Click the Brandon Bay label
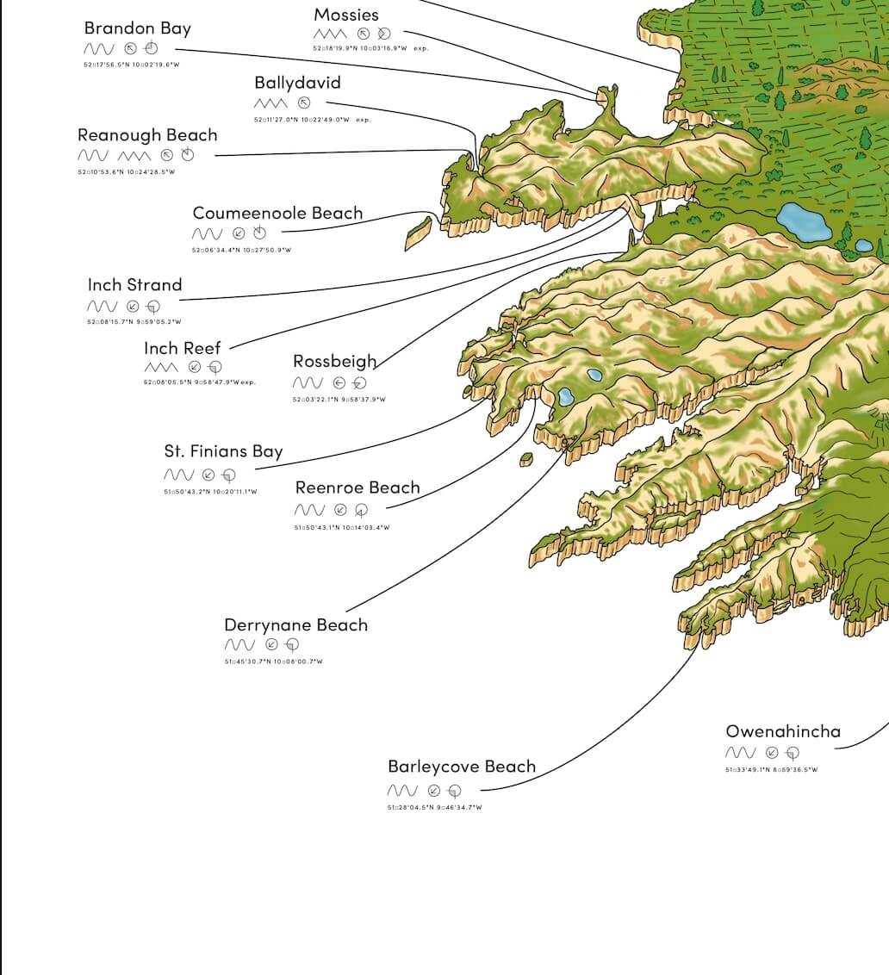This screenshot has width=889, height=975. pyautogui.click(x=138, y=28)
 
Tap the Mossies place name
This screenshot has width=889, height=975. pyautogui.click(x=346, y=15)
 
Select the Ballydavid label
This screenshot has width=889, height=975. pyautogui.click(x=297, y=83)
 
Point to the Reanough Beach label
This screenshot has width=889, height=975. pyautogui.click(x=147, y=135)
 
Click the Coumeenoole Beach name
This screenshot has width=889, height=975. pyautogui.click(x=277, y=213)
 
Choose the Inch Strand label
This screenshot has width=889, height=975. pyautogui.click(x=134, y=285)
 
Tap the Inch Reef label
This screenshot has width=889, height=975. pyautogui.click(x=183, y=348)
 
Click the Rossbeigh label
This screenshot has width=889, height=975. pyautogui.click(x=334, y=362)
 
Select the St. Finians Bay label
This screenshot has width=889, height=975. pyautogui.click(x=223, y=451)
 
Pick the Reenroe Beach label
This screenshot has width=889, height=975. pyautogui.click(x=357, y=488)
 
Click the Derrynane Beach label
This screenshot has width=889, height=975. pyautogui.click(x=295, y=625)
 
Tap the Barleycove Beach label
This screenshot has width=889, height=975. pyautogui.click(x=462, y=767)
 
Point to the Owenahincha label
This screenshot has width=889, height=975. pyautogui.click(x=783, y=732)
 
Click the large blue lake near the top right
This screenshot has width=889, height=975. pyautogui.click(x=804, y=221)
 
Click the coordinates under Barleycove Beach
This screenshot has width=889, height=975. pyautogui.click(x=434, y=808)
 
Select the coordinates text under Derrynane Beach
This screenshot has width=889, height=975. pyautogui.click(x=273, y=661)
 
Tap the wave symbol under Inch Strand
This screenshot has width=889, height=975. pyautogui.click(x=102, y=307)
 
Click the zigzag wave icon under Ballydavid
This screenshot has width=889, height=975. pyautogui.click(x=270, y=103)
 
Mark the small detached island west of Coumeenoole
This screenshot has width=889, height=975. pyautogui.click(x=419, y=233)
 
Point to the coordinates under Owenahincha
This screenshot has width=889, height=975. pyautogui.click(x=771, y=770)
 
